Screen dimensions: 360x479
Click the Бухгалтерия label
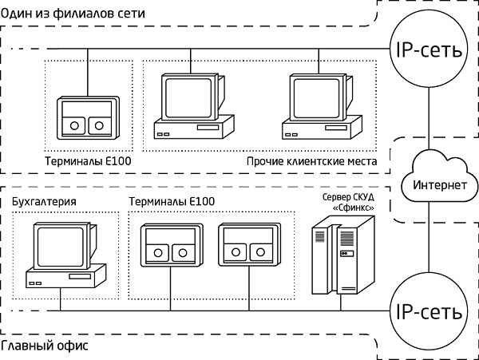[x=45, y=202]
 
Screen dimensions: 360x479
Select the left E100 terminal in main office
[x=168, y=243]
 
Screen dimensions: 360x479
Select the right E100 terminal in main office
[x=247, y=243]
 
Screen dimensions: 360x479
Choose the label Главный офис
[x=44, y=347]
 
